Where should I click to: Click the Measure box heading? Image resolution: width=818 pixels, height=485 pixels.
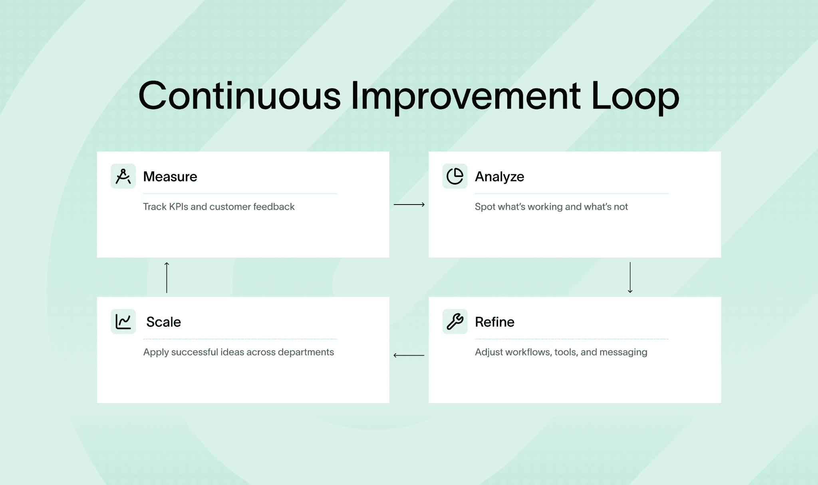(x=170, y=176)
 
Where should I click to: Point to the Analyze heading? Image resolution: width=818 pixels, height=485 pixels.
(x=499, y=177)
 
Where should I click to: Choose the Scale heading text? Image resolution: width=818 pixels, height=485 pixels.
(x=163, y=322)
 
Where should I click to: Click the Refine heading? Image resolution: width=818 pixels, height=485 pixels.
(x=494, y=322)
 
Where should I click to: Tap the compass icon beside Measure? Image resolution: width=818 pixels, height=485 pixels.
(x=123, y=176)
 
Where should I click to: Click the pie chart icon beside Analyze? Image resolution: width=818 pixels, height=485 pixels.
(x=455, y=176)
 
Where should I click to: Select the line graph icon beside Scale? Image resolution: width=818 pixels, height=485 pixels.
(x=123, y=322)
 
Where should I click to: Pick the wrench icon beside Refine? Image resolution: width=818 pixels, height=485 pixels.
(x=455, y=322)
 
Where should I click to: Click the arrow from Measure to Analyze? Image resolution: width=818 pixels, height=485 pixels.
(x=409, y=205)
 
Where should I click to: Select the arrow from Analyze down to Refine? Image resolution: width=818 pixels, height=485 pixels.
(x=630, y=278)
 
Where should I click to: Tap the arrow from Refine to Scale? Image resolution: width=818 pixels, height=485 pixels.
(x=409, y=355)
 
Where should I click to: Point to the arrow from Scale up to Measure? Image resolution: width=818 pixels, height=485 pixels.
(x=167, y=278)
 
